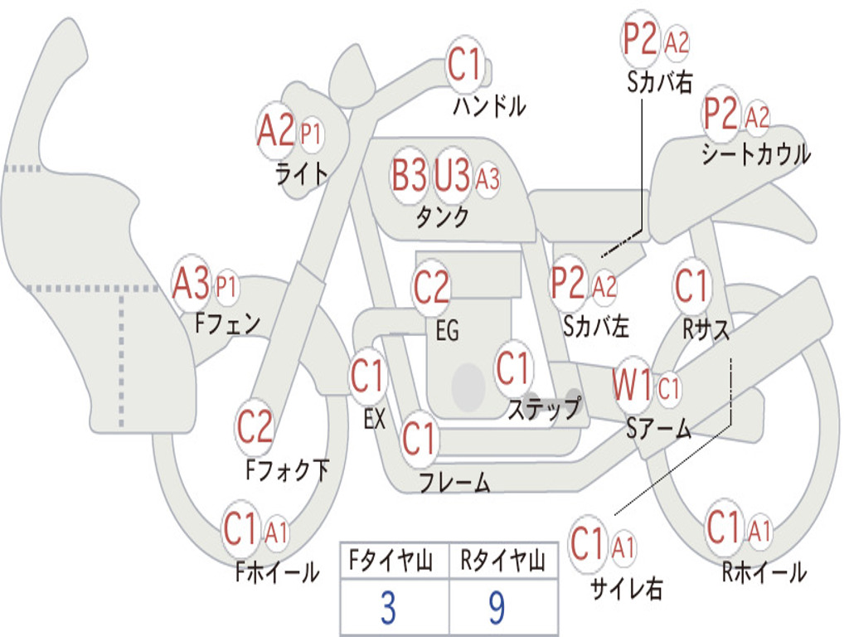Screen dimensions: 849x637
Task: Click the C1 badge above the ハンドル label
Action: (465, 65)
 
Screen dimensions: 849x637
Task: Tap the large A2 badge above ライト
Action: (275, 130)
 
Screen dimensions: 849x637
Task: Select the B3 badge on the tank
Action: (410, 175)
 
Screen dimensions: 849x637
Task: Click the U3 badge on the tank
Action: (452, 175)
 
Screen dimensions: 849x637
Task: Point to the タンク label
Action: (443, 216)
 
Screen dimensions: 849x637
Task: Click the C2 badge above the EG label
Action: (431, 286)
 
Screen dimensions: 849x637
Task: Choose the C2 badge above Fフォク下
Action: (255, 426)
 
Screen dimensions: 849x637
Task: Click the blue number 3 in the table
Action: (388, 607)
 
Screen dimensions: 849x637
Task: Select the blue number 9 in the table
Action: (497, 607)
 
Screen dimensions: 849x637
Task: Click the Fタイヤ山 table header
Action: (391, 561)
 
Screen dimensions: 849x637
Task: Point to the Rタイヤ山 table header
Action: (503, 561)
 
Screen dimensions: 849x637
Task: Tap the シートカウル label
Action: (756, 153)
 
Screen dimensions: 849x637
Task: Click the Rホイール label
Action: (764, 572)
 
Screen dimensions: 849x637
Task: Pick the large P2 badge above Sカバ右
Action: (640, 38)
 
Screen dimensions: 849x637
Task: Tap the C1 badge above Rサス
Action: (691, 285)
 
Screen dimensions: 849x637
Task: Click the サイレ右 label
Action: (627, 588)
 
